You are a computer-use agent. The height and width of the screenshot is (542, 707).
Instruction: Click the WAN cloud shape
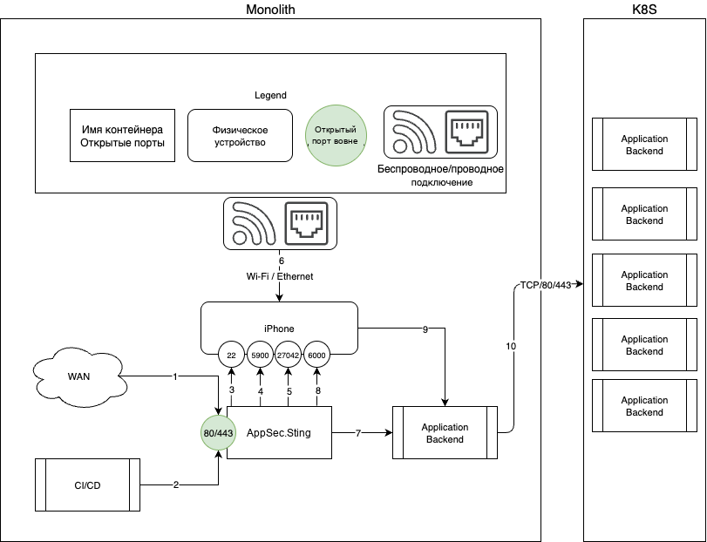pyautogui.click(x=79, y=376)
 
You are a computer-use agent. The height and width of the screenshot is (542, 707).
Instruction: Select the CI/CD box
pyautogui.click(x=87, y=484)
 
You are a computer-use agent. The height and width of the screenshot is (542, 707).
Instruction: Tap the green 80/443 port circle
pyautogui.click(x=218, y=433)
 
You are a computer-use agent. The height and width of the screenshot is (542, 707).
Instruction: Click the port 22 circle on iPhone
pyautogui.click(x=231, y=355)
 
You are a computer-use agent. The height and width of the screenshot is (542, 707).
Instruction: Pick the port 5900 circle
pyautogui.click(x=260, y=355)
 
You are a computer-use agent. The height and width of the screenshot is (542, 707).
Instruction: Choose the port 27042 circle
pyautogui.click(x=289, y=355)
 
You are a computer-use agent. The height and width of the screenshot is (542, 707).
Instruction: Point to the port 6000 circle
pyautogui.click(x=316, y=355)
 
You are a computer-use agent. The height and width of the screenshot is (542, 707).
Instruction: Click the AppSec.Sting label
pyautogui.click(x=279, y=433)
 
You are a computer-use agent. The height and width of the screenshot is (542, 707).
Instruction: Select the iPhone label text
pyautogui.click(x=279, y=329)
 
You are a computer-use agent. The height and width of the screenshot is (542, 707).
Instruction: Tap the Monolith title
pyautogui.click(x=270, y=10)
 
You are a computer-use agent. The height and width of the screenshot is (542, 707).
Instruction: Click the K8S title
pyautogui.click(x=644, y=10)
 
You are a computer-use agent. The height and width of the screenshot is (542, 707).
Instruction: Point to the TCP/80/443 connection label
pyautogui.click(x=546, y=285)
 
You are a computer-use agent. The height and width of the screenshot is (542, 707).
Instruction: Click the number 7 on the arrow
pyautogui.click(x=358, y=433)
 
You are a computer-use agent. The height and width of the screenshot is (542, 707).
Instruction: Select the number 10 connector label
pyautogui.click(x=511, y=346)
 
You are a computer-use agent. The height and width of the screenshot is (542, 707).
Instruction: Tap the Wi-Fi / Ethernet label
pyautogui.click(x=280, y=276)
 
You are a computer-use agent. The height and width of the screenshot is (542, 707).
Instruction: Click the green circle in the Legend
pyautogui.click(x=336, y=135)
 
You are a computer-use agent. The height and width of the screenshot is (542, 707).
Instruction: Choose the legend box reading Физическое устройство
pyautogui.click(x=240, y=135)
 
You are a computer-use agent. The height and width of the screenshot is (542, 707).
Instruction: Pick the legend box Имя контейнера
pyautogui.click(x=122, y=135)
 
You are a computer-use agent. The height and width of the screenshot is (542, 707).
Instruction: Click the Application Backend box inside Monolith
pyautogui.click(x=445, y=432)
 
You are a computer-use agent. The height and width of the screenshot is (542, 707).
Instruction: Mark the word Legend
pyautogui.click(x=270, y=95)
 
